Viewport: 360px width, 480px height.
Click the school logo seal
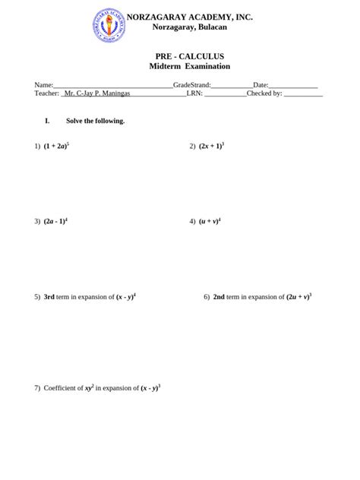110,26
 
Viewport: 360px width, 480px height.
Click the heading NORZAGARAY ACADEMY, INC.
190,16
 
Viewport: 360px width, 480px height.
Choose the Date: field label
261,85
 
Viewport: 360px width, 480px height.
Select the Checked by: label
264,93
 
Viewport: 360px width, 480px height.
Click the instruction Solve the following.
96,121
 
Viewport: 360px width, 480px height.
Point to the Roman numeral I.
47,121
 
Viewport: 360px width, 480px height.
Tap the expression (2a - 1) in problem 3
55,222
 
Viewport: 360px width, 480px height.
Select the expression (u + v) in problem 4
209,222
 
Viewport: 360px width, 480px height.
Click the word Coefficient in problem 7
64,388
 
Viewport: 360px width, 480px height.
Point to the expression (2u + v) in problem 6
297,298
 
